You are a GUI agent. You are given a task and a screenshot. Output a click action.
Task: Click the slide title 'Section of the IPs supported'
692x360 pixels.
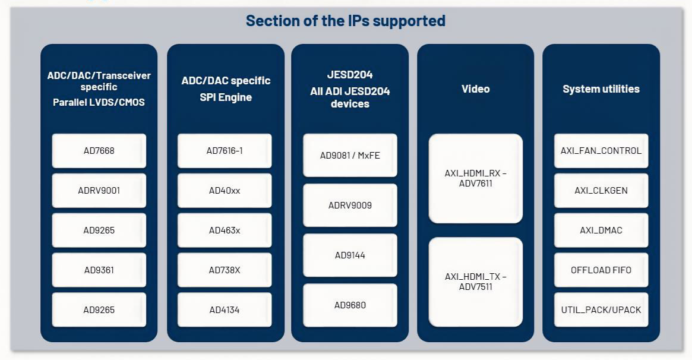346,21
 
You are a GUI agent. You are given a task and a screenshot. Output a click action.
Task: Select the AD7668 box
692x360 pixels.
99,151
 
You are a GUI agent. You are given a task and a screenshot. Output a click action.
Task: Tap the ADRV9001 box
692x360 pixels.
99,191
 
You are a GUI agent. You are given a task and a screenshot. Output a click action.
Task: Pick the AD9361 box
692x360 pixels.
99,270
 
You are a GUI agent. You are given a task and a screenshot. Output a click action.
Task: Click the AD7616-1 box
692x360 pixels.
225,151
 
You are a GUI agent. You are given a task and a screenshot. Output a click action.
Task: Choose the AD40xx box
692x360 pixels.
225,191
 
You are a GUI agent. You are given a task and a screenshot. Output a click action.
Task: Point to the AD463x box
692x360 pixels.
225,230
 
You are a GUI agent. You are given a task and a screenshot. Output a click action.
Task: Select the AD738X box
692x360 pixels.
225,270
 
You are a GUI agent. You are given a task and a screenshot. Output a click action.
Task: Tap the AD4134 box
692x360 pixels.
225,310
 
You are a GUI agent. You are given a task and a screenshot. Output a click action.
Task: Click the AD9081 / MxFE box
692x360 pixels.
350,156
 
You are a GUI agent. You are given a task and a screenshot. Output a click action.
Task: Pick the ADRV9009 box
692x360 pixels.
350,206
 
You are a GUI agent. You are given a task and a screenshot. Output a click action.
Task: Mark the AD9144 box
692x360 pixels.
350,255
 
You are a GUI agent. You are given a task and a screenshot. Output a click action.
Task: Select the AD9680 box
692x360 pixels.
350,305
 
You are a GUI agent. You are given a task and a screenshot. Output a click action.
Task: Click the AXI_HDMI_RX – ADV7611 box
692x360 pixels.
476,178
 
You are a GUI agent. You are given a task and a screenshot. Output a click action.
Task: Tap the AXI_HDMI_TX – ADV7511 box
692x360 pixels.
476,282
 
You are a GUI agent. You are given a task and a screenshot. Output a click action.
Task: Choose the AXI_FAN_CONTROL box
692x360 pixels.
601,151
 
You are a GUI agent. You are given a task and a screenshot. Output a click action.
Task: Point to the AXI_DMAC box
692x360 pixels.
601,230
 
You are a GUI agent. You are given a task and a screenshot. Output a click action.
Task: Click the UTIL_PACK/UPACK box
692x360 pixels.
601,310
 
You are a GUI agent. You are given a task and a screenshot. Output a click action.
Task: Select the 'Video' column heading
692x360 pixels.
476,89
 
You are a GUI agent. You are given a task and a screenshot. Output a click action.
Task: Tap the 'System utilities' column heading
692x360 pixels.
601,89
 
